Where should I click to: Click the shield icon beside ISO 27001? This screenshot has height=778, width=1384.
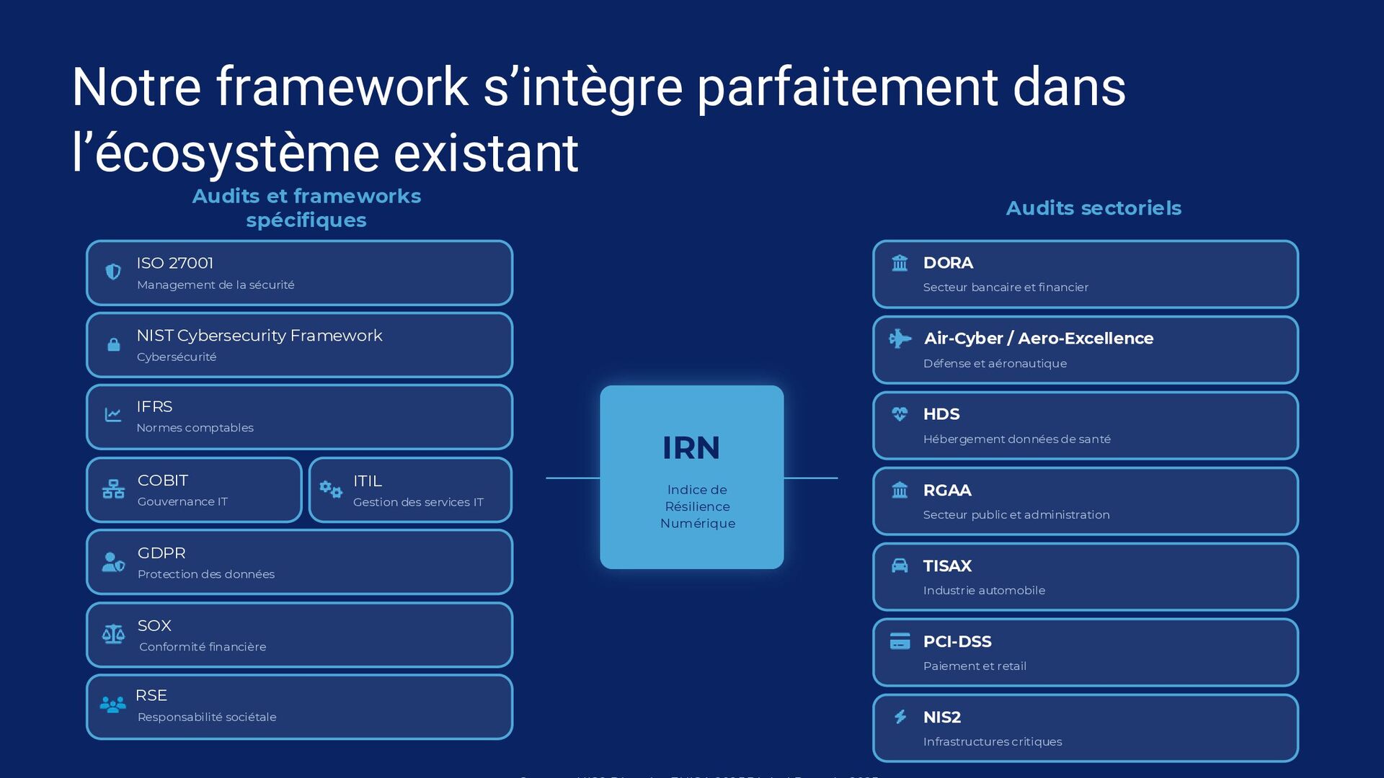click(113, 272)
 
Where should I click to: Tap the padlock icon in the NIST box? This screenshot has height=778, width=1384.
click(114, 344)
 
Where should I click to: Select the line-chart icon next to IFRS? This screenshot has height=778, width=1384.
click(113, 414)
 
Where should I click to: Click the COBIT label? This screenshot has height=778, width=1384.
click(163, 480)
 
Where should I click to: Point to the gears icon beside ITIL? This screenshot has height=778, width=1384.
click(331, 490)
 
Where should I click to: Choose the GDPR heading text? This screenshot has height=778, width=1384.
click(161, 553)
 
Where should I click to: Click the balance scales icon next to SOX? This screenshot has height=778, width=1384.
click(113, 634)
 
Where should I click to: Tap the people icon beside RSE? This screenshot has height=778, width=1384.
click(112, 705)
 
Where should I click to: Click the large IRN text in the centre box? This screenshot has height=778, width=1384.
click(691, 448)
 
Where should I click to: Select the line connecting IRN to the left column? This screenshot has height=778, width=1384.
click(572, 478)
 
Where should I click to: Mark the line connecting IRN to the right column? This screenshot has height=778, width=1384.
click(810, 478)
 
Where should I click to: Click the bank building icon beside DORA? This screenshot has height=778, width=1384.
click(900, 263)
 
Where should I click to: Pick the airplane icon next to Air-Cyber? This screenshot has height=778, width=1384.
click(900, 338)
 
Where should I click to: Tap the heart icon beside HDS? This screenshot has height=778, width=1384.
click(900, 413)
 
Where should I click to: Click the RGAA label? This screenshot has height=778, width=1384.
click(947, 491)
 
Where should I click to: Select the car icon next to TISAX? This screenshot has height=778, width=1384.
click(900, 565)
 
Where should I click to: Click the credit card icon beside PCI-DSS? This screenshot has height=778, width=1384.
click(900, 641)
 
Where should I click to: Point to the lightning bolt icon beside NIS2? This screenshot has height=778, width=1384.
click(900, 717)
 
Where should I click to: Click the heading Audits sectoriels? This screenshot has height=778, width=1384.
click(1094, 208)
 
